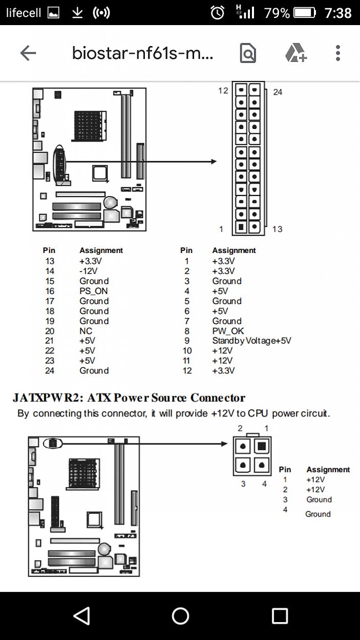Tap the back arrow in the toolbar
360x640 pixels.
coord(28,53)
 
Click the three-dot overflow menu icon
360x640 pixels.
coord(337,53)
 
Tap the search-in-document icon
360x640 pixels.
coord(248,53)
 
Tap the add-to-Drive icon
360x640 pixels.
coord(295,53)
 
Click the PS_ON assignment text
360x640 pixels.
coord(93,291)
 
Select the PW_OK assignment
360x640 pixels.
coord(228,331)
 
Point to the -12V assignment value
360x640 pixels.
coord(88,271)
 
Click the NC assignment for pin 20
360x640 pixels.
coord(86,331)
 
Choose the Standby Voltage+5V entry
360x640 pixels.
coord(251,341)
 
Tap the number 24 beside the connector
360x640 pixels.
coord(278,92)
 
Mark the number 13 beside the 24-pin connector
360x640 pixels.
coord(277,229)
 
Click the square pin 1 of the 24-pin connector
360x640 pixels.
coord(240,226)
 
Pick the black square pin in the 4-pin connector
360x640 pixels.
coord(262,446)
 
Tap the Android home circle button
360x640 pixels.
coord(180,616)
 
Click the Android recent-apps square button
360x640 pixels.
coord(280,616)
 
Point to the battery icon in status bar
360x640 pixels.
coord(305,13)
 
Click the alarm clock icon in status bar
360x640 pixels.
coord(218,13)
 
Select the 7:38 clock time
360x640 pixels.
coord(338,13)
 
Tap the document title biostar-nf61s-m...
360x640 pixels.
coord(142,53)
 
